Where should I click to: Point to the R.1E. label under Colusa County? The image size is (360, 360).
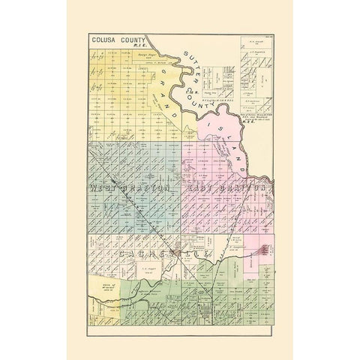point(136,44)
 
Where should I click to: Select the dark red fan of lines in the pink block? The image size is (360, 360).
point(264,250)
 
